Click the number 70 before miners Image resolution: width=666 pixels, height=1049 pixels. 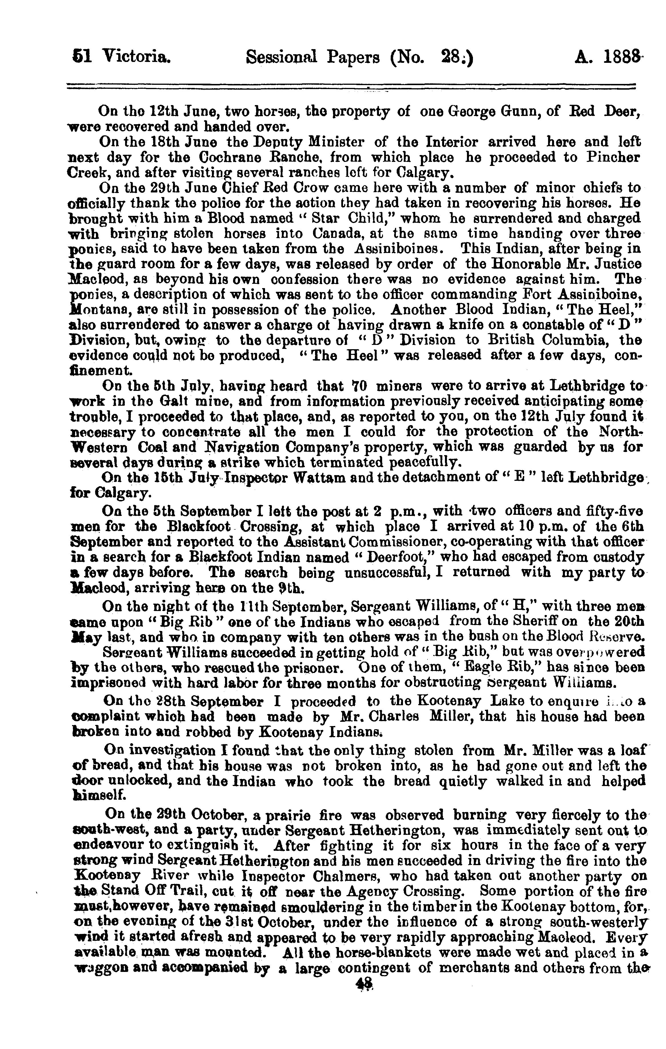click(360, 386)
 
